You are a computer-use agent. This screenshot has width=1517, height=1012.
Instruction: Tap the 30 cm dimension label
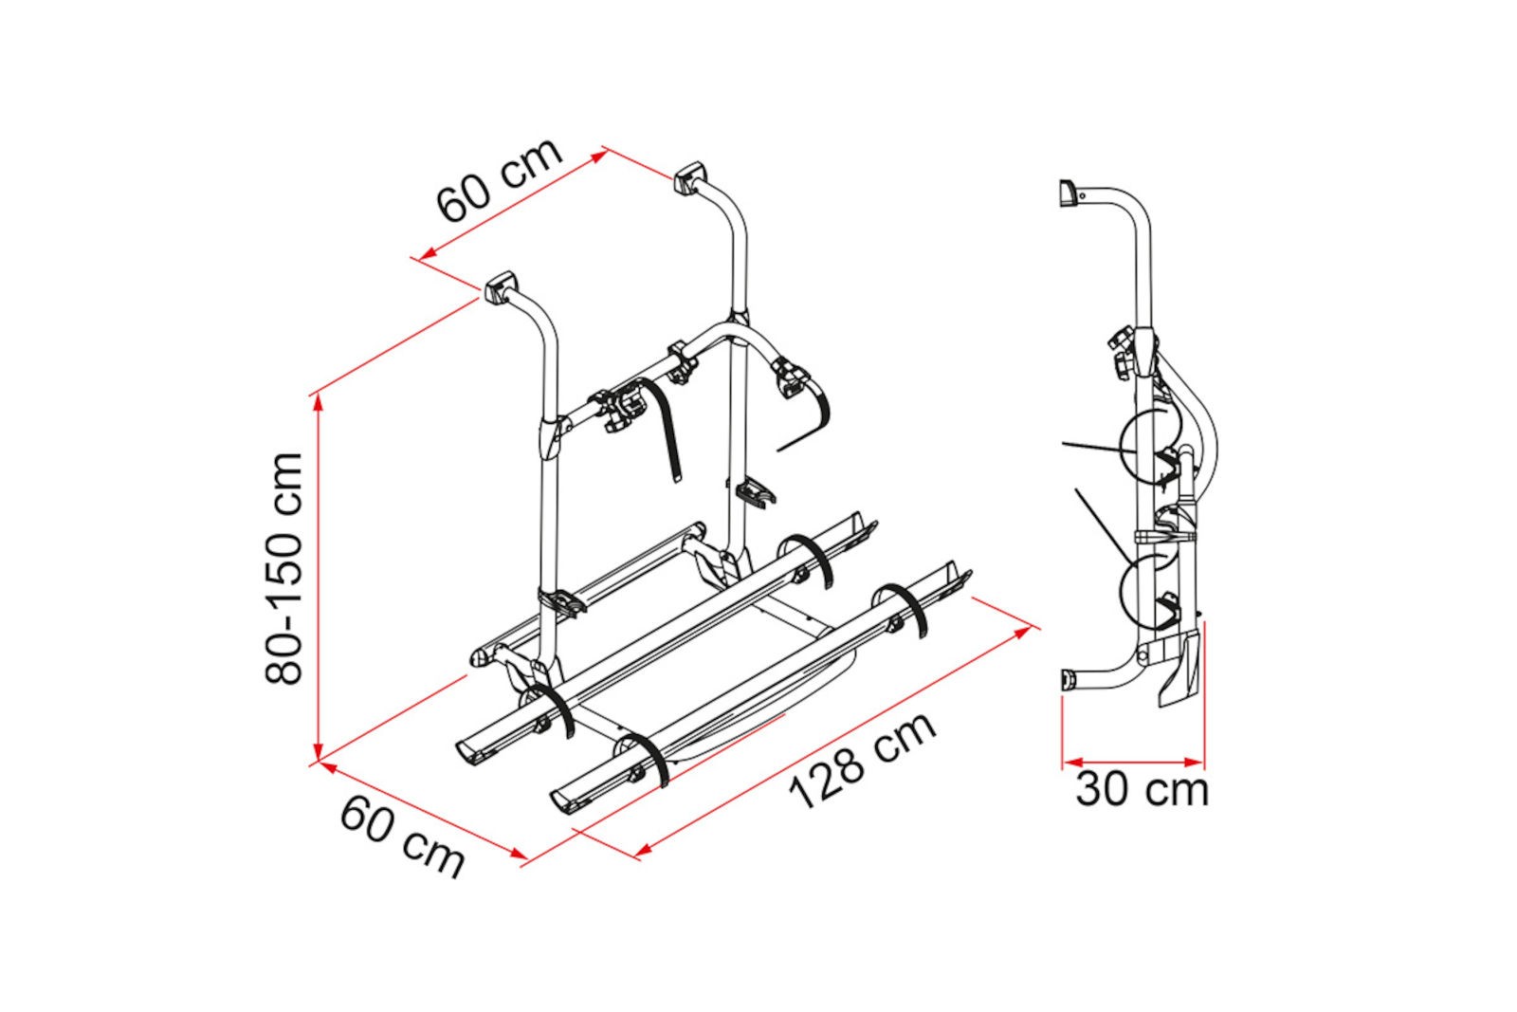point(1142,790)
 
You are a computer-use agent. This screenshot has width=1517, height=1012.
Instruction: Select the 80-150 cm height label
point(283,568)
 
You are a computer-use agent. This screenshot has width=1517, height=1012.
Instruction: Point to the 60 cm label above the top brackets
point(499,180)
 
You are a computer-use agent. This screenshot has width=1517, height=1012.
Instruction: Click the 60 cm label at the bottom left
point(402,837)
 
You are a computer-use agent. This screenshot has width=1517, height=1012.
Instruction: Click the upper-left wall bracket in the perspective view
point(502,287)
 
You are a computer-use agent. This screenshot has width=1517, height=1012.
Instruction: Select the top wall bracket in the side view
point(1068,193)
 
